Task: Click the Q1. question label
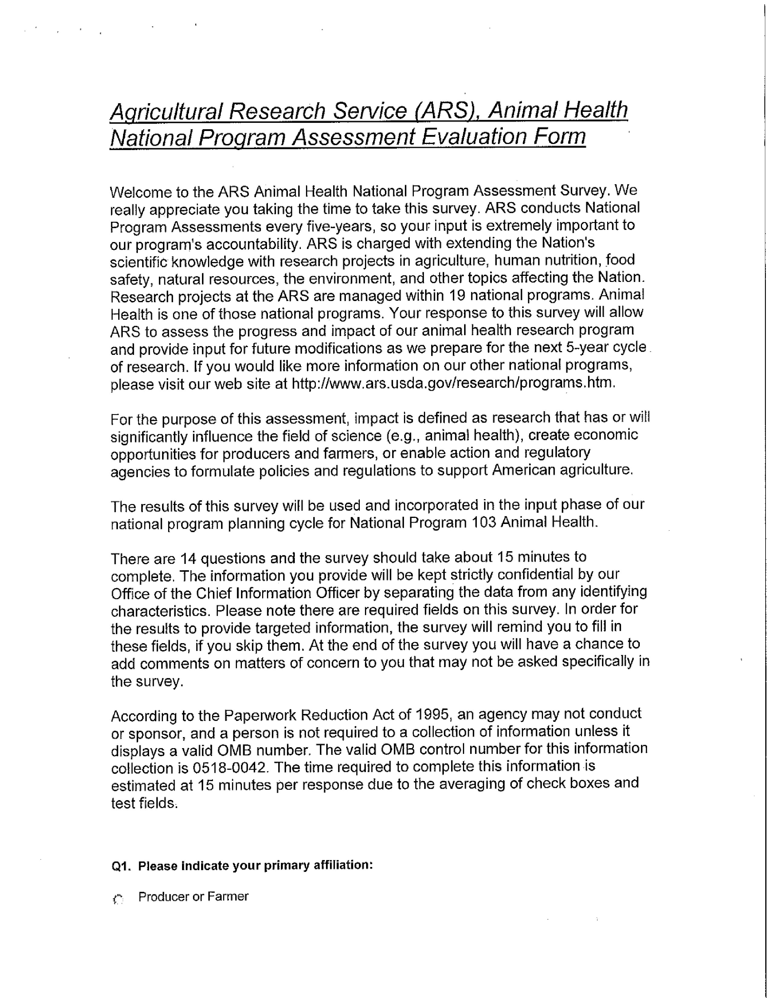[x=122, y=866]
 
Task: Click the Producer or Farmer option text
[x=193, y=897]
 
